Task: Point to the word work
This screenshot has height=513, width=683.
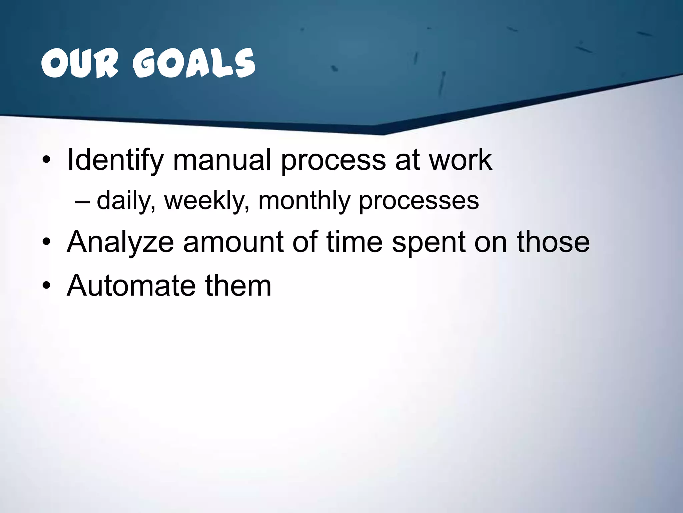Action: (x=460, y=160)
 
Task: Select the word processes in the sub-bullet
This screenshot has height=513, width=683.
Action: (x=419, y=200)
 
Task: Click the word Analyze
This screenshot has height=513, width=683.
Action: (x=120, y=242)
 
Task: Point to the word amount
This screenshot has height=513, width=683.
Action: (x=233, y=242)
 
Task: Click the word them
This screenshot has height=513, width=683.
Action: (x=238, y=286)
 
